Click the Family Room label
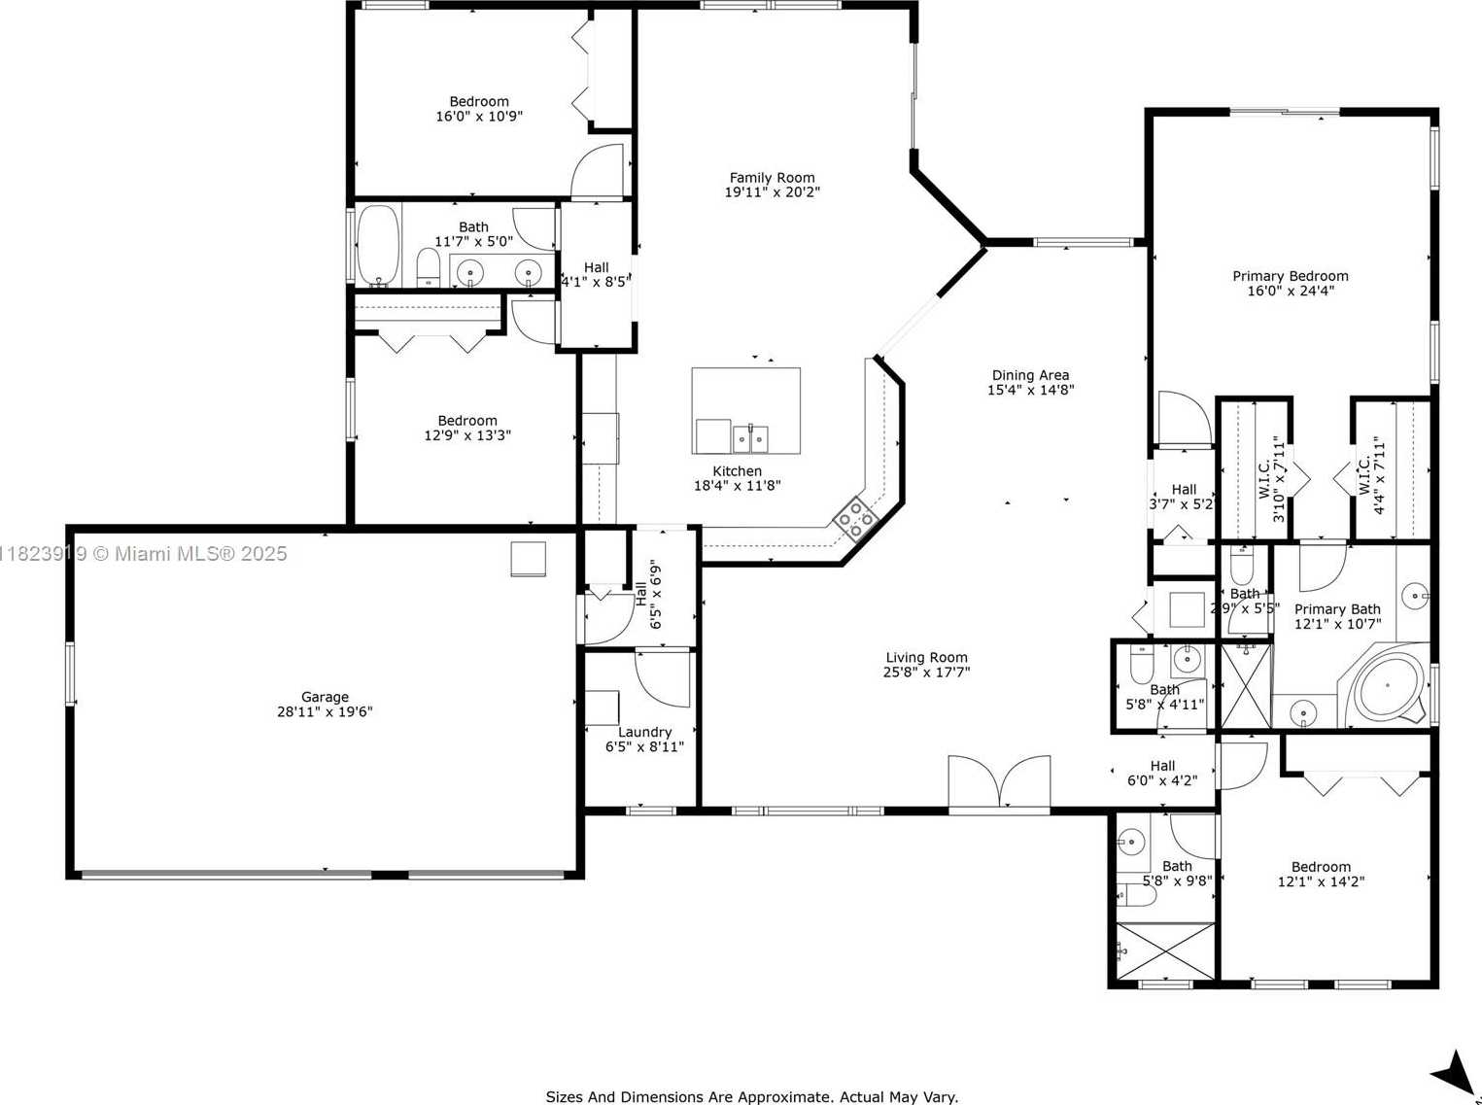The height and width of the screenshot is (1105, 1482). (x=772, y=178)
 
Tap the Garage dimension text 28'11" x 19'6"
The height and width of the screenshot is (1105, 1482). (x=325, y=711)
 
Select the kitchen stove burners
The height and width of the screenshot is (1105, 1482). (x=855, y=518)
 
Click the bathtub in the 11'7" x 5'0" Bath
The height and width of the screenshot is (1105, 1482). (x=378, y=246)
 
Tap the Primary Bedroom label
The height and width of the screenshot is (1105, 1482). (x=1291, y=276)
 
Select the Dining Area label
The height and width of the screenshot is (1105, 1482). (x=1030, y=374)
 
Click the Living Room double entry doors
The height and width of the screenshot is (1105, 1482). (x=999, y=781)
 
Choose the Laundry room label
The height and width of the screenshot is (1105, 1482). (x=644, y=732)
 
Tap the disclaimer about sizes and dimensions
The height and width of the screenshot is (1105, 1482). (x=751, y=1097)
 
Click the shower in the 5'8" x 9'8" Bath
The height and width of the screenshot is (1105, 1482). (x=1165, y=951)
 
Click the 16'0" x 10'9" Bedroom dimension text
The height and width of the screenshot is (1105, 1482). (x=479, y=116)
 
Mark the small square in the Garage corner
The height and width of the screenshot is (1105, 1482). (x=528, y=559)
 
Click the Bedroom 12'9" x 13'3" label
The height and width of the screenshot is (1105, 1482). (x=467, y=428)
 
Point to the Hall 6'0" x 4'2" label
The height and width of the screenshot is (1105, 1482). (x=1162, y=773)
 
